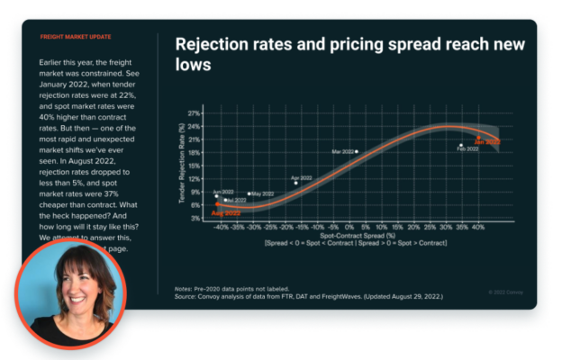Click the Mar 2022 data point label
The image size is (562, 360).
click(x=342, y=152)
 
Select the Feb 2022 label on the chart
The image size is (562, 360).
click(x=467, y=149)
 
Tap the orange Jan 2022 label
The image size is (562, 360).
click(x=487, y=142)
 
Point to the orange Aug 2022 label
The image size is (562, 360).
click(x=225, y=213)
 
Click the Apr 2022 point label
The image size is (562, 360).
click(x=302, y=178)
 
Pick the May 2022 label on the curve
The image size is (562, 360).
click(x=263, y=193)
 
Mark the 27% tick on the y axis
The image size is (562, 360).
click(x=195, y=113)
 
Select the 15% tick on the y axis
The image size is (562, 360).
click(x=195, y=166)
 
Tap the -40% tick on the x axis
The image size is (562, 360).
click(x=222, y=227)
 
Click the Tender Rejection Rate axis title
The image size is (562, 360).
click(x=183, y=166)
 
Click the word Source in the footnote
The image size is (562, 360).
click(x=186, y=296)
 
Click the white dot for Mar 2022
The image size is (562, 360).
click(x=358, y=152)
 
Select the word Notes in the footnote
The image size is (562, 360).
click(x=185, y=289)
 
